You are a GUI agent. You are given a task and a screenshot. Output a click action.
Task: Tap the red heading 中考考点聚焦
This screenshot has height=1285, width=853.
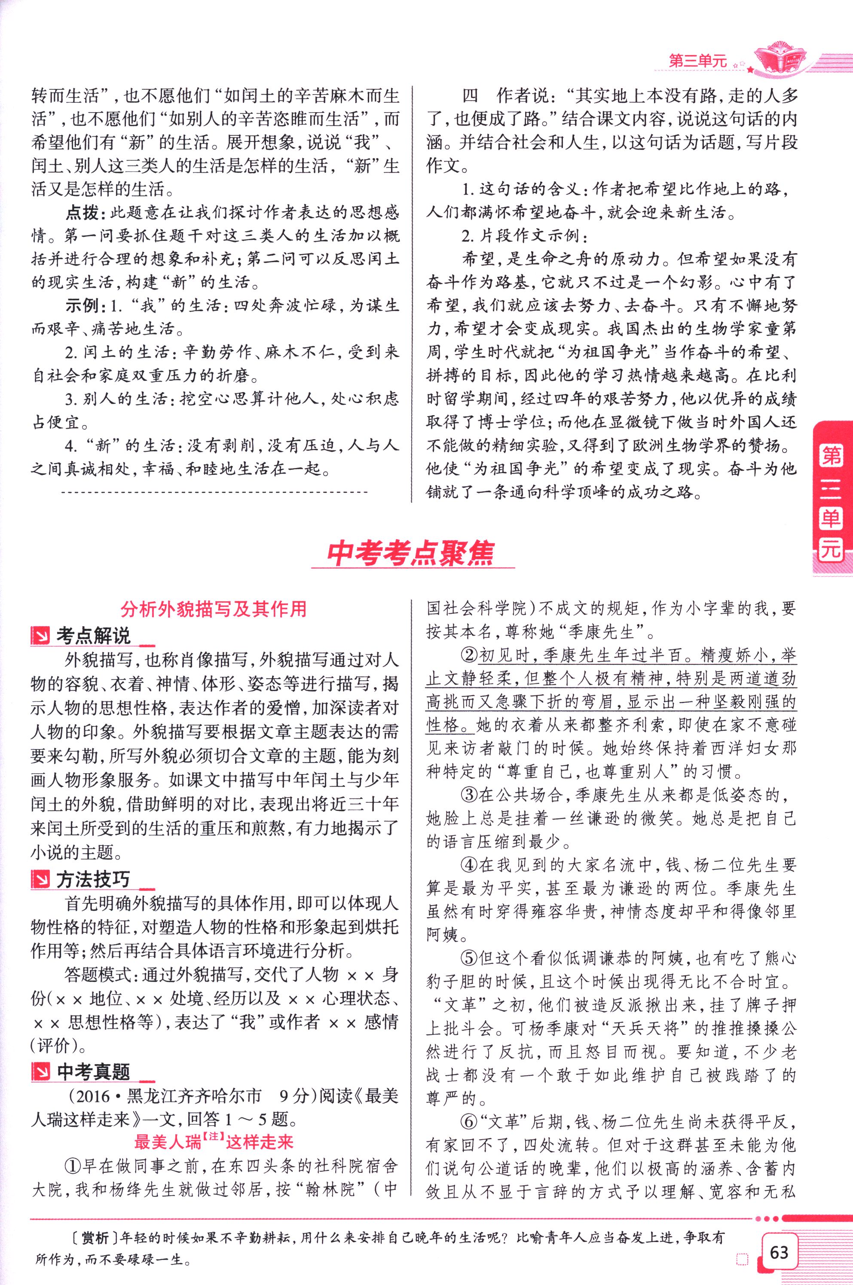point(411,553)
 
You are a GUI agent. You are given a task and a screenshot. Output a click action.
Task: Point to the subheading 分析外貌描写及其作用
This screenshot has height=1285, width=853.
point(214,609)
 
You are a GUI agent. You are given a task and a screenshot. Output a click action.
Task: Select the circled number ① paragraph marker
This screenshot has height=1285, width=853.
point(73,1166)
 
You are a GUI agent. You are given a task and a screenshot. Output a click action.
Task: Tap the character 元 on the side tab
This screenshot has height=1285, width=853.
point(831,550)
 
